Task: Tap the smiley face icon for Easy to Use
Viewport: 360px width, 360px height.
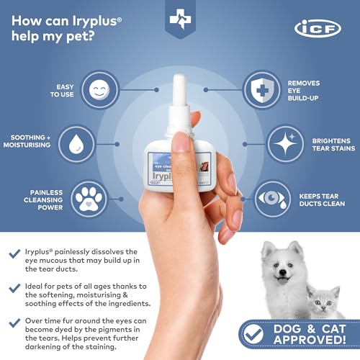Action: pos(99,90)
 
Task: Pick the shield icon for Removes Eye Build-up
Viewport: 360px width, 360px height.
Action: pos(261,90)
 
